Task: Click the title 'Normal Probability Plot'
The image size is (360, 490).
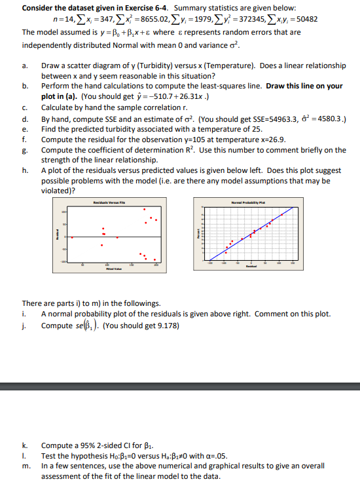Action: (244, 204)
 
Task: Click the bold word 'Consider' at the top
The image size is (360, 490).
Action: (39, 8)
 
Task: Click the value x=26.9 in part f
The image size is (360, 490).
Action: (252, 139)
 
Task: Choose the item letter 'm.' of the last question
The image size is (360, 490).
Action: (26, 466)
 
